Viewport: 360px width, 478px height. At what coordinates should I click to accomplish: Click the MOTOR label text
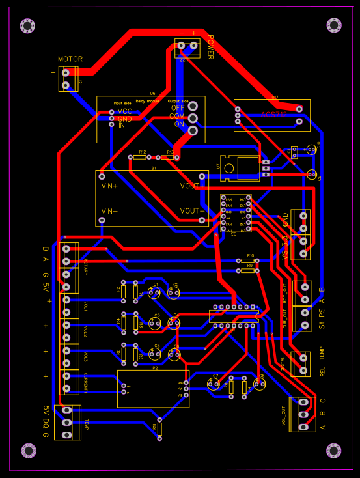70,59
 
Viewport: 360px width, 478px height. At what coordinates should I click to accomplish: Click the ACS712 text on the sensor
273,115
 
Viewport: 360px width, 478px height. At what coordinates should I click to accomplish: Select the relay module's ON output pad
193,130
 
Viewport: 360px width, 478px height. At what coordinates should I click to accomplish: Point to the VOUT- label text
192,211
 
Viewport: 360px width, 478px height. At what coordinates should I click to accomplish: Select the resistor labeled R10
249,260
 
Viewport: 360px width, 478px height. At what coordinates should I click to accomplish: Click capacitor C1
154,293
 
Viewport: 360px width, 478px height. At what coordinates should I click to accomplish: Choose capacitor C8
259,384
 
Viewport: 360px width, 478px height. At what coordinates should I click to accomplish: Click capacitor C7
213,384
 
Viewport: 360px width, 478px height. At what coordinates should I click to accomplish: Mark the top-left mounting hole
27,25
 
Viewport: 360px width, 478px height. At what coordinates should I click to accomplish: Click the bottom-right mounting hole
333,450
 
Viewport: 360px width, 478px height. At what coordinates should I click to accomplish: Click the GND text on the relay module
125,119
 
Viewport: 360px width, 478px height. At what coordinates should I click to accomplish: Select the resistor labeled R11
159,429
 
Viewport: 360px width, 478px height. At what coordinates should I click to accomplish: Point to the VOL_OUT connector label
284,415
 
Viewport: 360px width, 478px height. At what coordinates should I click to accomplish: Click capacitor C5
154,354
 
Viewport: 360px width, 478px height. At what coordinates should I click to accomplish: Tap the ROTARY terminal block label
85,267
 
